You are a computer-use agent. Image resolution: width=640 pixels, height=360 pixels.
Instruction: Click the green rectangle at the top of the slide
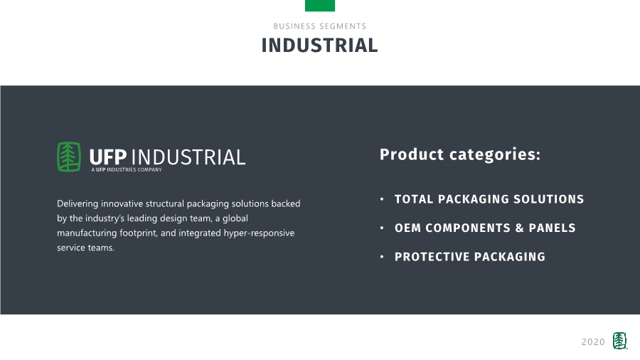(x=319, y=5)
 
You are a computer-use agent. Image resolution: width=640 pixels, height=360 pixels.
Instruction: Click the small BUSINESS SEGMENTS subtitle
(x=319, y=26)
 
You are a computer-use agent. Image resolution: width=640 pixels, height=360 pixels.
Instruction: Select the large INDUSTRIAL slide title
(x=319, y=46)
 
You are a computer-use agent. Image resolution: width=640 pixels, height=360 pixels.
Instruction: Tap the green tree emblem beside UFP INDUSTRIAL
(x=68, y=157)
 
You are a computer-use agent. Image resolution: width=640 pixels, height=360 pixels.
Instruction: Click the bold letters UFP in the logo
(x=108, y=157)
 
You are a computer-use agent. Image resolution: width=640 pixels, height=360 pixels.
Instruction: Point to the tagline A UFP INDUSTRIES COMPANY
(x=127, y=170)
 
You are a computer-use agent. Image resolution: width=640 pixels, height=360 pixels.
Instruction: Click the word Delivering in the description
(x=78, y=203)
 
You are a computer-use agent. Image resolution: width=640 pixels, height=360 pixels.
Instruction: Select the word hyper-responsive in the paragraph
(x=259, y=233)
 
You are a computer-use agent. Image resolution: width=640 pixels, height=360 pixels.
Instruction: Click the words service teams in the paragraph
(x=86, y=248)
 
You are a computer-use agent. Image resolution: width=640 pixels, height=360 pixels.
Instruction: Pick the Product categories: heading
(x=460, y=154)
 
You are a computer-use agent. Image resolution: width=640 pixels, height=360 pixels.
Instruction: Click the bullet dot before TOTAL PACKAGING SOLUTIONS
(x=382, y=199)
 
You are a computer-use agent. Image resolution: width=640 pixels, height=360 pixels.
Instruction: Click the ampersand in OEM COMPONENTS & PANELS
(x=519, y=228)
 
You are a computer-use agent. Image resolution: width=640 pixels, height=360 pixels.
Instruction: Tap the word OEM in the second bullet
(x=407, y=228)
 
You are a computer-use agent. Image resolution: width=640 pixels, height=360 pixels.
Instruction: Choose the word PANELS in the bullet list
(x=552, y=228)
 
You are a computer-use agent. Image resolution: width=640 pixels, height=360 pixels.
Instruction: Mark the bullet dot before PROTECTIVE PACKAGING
(x=382, y=257)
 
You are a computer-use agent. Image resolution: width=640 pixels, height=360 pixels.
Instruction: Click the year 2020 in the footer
(x=593, y=342)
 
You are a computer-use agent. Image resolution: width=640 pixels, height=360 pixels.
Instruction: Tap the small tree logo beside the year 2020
(x=619, y=341)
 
